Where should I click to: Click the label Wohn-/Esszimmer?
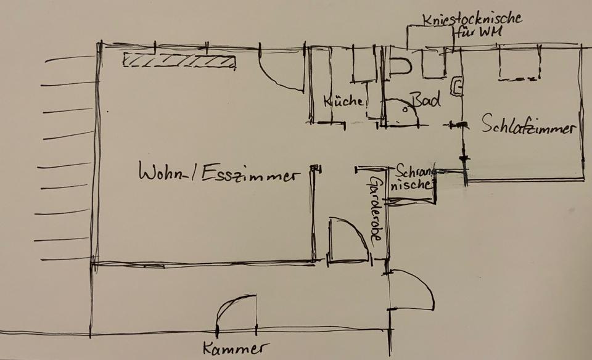click(x=216, y=173)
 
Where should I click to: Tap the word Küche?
click(x=343, y=101)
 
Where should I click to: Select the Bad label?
click(x=426, y=100)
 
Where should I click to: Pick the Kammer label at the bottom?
click(x=236, y=349)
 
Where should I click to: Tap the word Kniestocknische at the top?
click(x=472, y=18)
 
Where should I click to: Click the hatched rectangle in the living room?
click(x=179, y=60)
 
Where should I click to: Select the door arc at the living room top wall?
click(x=281, y=73)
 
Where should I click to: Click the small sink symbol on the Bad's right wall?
click(x=456, y=88)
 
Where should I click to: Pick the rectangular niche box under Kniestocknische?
click(x=430, y=37)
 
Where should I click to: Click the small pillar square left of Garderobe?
click(x=315, y=168)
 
